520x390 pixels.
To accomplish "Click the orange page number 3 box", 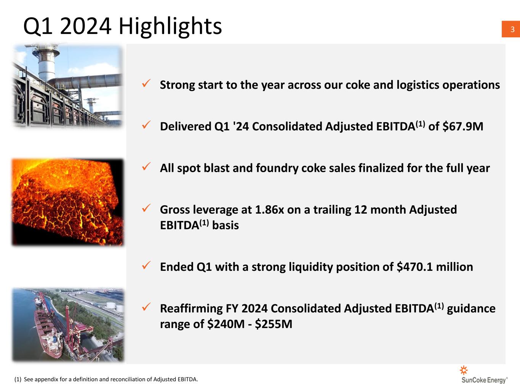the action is (x=511, y=29).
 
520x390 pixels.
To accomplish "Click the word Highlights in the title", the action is (x=170, y=26).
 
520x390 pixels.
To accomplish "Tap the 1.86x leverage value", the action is (x=269, y=209).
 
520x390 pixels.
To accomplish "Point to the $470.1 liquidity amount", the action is (x=414, y=267).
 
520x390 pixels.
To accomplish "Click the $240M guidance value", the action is (x=226, y=324).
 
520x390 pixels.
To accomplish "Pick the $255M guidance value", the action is (x=274, y=324).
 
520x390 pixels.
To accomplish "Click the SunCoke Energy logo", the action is (x=484, y=375).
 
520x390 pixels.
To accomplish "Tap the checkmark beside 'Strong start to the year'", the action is (x=146, y=83).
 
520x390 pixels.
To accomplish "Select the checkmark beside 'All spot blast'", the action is (x=146, y=166).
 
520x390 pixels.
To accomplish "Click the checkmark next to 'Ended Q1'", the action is (x=146, y=265).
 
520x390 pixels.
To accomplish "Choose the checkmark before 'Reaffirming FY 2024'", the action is (x=146, y=307).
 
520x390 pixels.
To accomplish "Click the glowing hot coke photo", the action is (x=68, y=202).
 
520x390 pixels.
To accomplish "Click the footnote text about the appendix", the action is (x=106, y=379).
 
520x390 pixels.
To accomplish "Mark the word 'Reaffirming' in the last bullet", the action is (x=191, y=308).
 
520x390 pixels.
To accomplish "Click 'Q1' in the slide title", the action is (x=38, y=27).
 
